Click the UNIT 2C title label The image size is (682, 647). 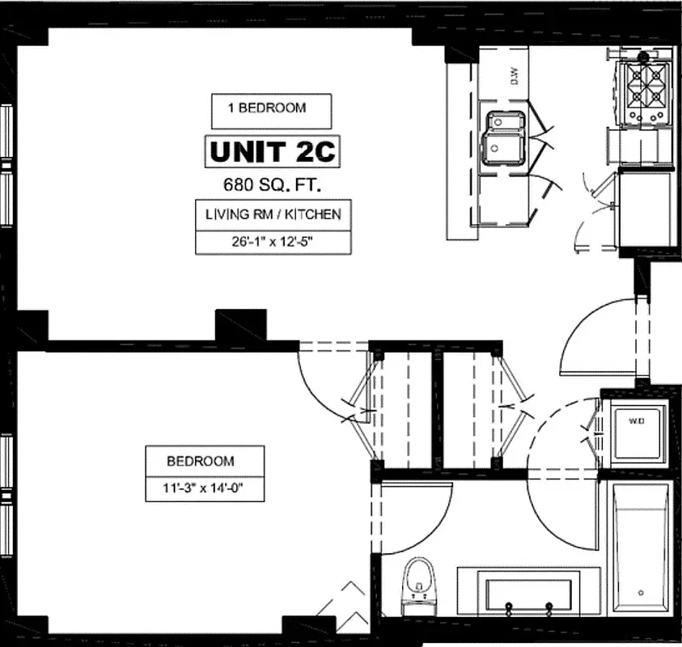point(270,151)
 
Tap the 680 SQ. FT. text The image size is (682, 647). point(270,184)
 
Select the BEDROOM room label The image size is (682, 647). point(201,461)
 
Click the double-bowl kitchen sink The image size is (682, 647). point(503,137)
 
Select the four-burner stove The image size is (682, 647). point(645,91)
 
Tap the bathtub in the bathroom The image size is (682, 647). point(640,550)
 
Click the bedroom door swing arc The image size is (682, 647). point(324,380)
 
